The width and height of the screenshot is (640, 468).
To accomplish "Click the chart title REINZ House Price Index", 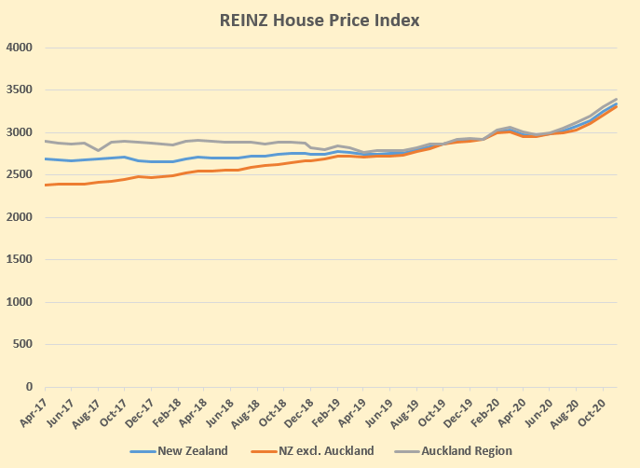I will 320,18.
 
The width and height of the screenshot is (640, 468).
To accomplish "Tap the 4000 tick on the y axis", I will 20,48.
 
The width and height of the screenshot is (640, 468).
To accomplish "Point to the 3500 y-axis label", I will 20,90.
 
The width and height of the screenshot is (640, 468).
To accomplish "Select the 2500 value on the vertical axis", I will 20,175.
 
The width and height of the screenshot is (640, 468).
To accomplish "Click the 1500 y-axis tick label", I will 20,260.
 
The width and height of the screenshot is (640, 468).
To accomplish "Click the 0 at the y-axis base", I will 29,387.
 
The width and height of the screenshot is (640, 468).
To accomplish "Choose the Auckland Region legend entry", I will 467,451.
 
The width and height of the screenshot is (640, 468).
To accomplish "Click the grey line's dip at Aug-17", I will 98,150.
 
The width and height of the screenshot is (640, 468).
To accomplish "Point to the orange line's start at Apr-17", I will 45,185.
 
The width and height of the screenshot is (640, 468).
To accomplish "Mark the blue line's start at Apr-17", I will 45,158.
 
